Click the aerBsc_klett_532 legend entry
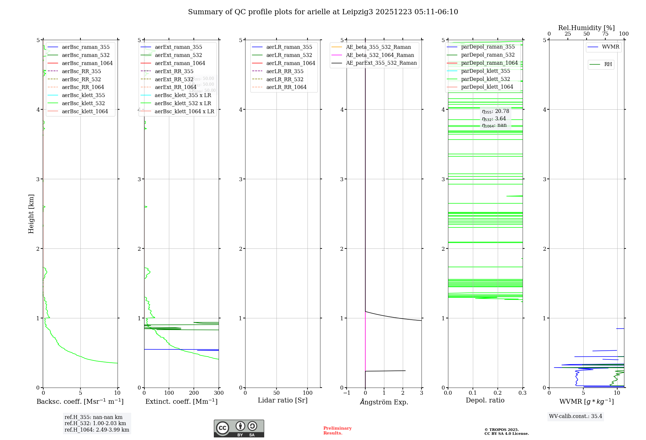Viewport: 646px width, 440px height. coord(83,103)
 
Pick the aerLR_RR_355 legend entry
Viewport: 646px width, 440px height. coord(285,71)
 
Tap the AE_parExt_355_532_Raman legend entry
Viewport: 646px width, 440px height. coord(381,63)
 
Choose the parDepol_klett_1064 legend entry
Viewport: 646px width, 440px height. coord(487,87)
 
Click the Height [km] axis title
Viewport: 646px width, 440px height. coord(31,214)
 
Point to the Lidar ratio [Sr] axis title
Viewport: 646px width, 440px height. coord(283,400)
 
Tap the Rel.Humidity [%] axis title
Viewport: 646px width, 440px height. coord(586,28)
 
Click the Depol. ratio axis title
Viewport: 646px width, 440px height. coord(485,400)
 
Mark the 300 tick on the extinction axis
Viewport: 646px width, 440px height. coord(219,393)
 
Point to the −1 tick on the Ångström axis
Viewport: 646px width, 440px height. coord(347,393)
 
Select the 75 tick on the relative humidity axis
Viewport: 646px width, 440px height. coord(605,34)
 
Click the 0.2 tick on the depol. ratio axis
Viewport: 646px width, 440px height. coord(498,393)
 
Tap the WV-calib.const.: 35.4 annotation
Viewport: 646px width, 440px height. coord(576,416)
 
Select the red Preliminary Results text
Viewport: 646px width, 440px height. coord(337,430)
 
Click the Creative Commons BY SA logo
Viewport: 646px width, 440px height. coord(239,428)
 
